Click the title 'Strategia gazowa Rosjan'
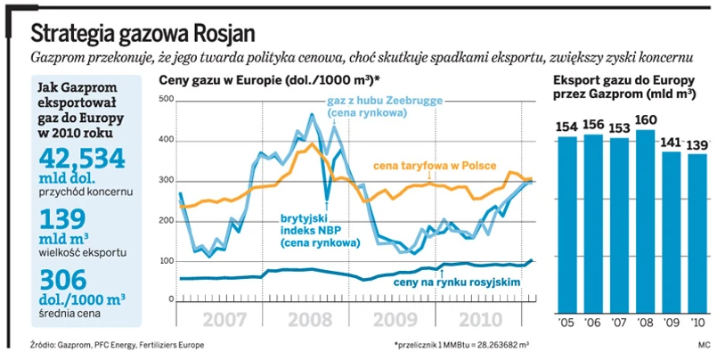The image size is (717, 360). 143,34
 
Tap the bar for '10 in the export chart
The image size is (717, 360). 697,232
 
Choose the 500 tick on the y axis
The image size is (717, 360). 166,98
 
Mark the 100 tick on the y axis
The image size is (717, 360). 166,260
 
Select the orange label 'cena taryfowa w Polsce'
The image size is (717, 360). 447,168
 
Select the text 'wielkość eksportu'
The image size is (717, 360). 80,252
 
